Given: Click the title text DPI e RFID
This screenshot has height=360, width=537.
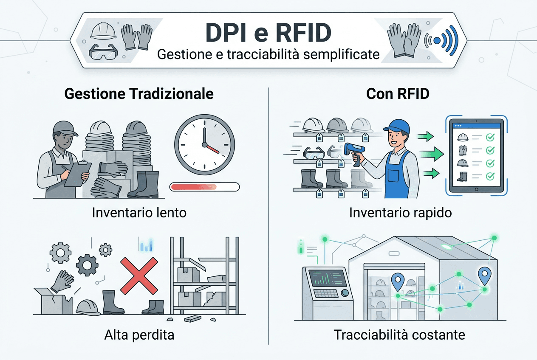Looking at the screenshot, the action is (268, 33).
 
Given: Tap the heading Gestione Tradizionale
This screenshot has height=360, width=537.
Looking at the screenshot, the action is (139, 94).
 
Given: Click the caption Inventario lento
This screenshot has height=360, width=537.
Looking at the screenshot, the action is (139, 212).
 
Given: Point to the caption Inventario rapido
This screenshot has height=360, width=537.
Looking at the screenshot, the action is (400, 212).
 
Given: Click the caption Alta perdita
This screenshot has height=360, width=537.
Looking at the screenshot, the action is (139, 335).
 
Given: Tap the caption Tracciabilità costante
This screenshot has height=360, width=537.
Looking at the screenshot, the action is (399, 335).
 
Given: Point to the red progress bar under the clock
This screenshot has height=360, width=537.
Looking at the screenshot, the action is (204, 186).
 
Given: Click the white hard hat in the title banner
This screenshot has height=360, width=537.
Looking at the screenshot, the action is (103, 31).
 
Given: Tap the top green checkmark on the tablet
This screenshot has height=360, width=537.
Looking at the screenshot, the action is (490, 137).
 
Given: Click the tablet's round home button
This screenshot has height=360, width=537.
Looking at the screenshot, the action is (474, 189).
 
